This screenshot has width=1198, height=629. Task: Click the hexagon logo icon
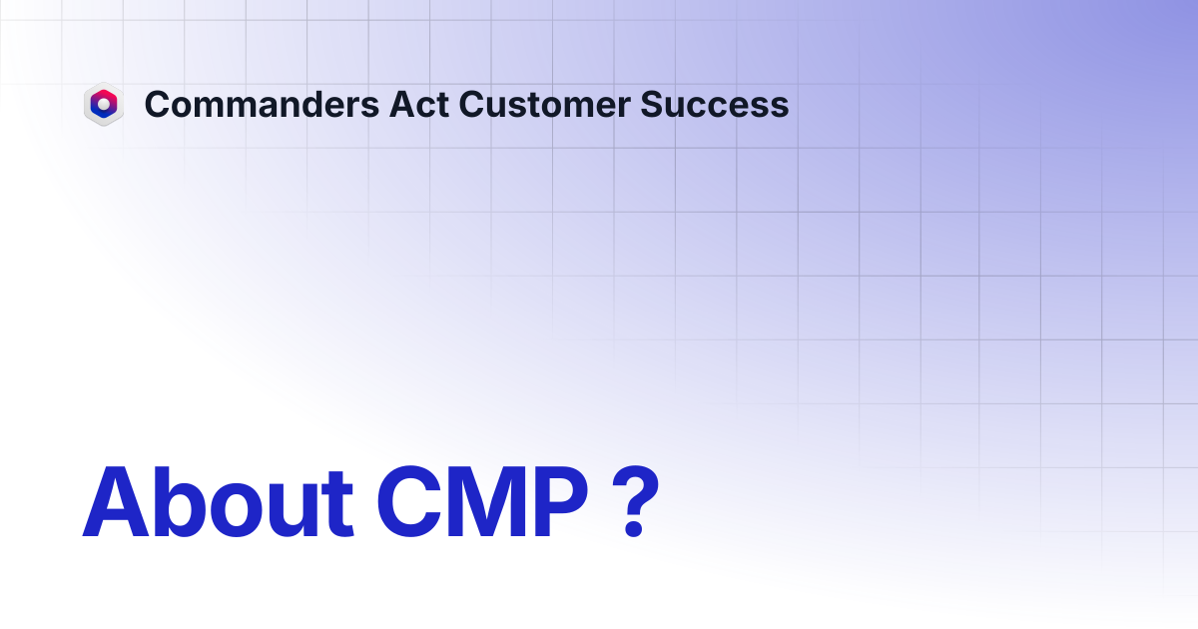[104, 104]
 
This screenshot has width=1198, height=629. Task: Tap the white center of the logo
[104, 104]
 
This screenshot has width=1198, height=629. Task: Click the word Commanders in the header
[262, 104]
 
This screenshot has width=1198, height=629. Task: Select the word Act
[418, 104]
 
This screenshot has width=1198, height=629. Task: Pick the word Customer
[544, 104]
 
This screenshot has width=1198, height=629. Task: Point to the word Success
[715, 104]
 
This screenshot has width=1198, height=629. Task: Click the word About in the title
[218, 501]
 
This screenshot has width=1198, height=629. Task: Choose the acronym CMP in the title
[482, 501]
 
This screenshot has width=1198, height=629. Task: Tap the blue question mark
[635, 501]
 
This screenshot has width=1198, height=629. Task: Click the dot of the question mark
[634, 528]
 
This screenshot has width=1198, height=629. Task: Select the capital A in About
[116, 501]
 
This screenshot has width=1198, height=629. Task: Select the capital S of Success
[652, 104]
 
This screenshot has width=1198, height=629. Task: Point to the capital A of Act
[402, 104]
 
